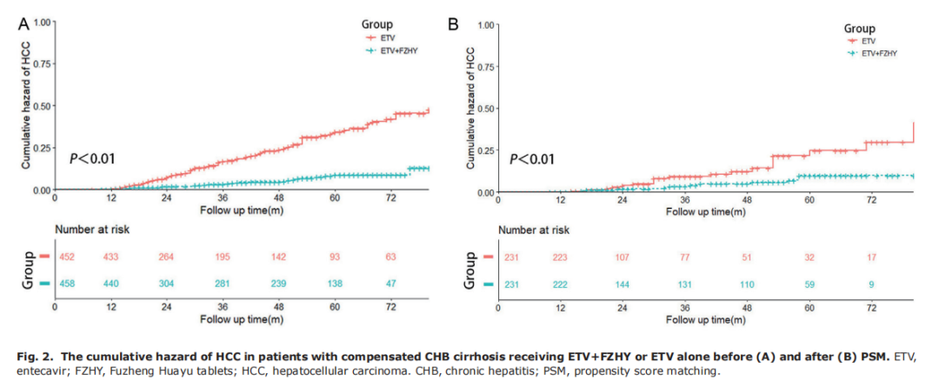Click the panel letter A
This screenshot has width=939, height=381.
(23, 24)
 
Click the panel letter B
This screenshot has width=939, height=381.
(453, 24)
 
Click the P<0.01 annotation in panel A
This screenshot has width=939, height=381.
(92, 158)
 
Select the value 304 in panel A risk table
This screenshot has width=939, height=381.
(167, 284)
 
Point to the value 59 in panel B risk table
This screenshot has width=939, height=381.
(809, 284)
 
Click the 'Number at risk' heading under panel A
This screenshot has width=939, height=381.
(93, 230)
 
